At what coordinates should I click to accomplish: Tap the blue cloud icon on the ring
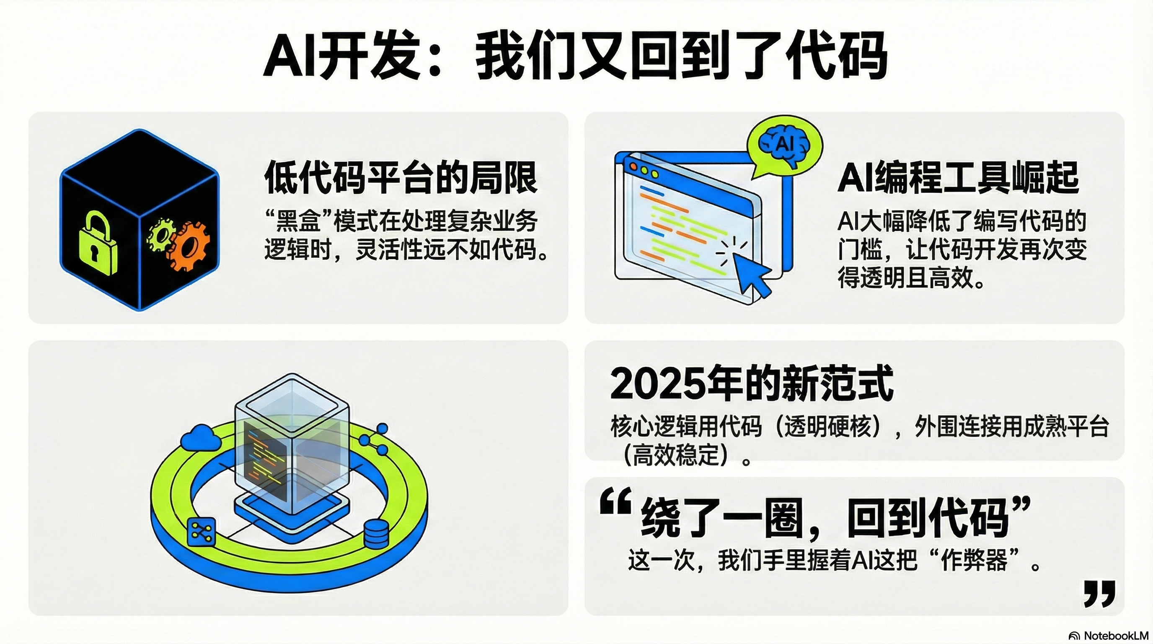(x=200, y=436)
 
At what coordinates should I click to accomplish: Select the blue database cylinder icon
(x=375, y=533)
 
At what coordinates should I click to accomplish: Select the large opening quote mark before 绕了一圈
(x=616, y=501)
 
